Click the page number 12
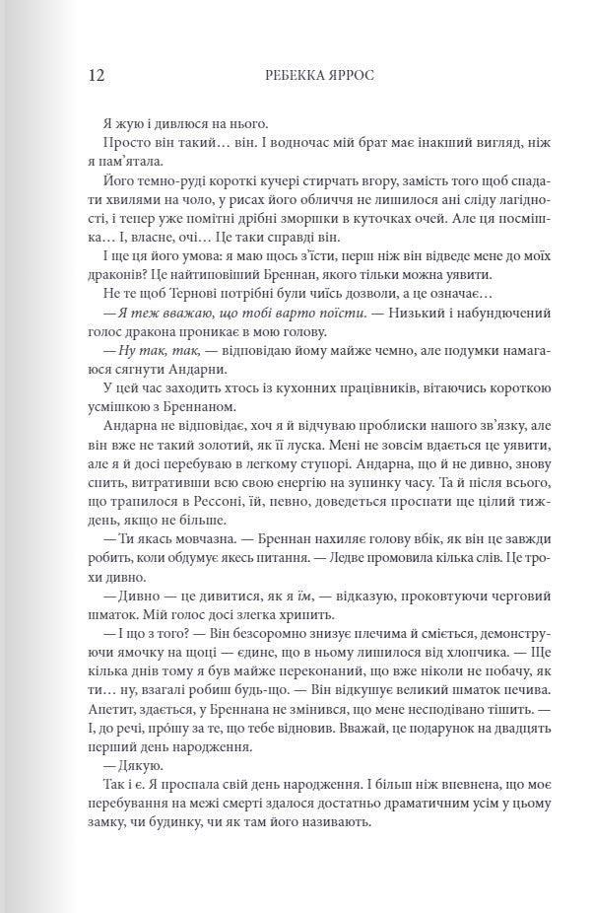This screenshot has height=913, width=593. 98,76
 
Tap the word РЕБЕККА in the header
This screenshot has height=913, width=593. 295,76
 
